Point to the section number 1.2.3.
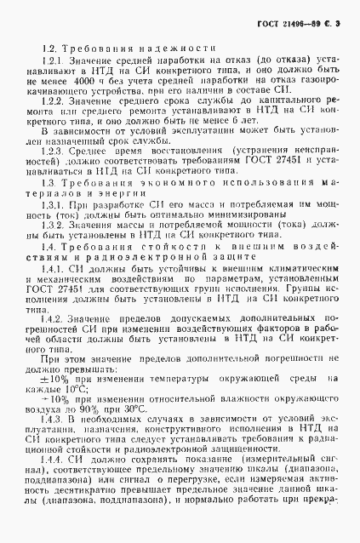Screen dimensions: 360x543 pyautogui.click(x=54, y=151)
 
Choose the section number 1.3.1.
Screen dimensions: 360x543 pyautogui.click(x=54, y=205)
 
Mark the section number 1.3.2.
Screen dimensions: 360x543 pyautogui.click(x=54, y=223)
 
